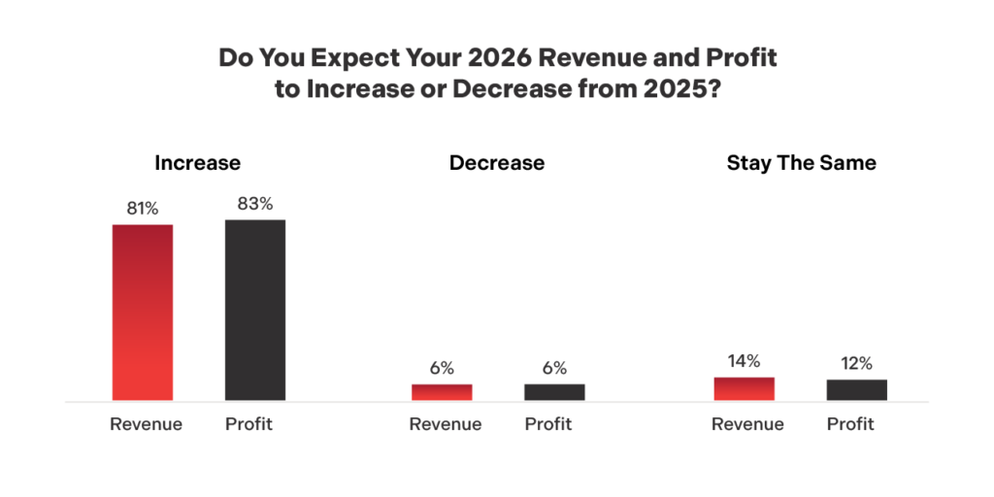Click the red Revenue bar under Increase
[143, 313]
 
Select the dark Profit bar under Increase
[255, 311]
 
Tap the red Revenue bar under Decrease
[442, 392]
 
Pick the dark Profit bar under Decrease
[554, 392]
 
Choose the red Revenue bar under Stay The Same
[745, 389]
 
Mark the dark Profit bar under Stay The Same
[857, 390]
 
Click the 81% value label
[142, 209]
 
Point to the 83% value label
[255, 204]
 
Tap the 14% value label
[744, 361]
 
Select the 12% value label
[857, 364]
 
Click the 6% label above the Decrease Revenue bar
[442, 369]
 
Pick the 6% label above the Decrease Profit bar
[554, 369]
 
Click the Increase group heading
[198, 163]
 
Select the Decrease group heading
[497, 163]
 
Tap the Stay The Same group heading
[801, 163]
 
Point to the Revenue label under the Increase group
[146, 424]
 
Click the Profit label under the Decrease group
[548, 424]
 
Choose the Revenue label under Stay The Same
[747, 424]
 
